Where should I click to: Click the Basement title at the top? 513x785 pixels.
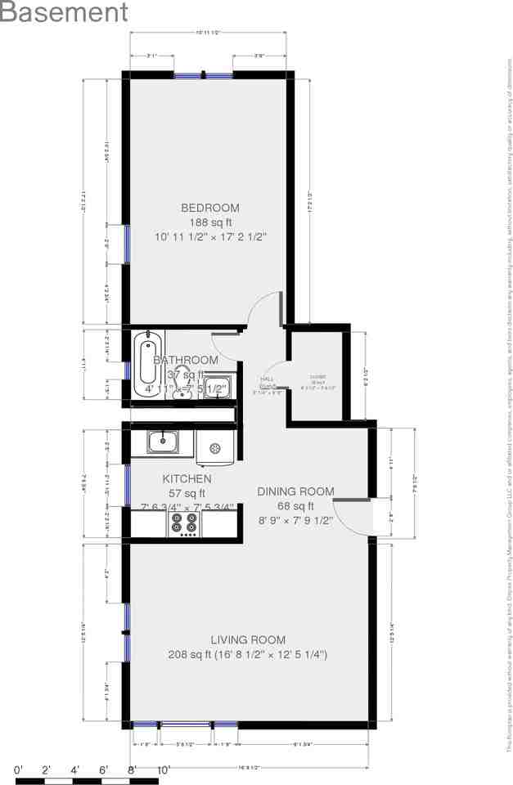[x=64, y=13]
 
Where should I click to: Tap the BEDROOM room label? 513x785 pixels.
[x=210, y=208]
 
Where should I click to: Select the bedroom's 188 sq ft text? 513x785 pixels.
[x=211, y=222]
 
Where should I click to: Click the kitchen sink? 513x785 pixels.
[x=164, y=442]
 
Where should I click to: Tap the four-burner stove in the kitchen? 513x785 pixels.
[x=186, y=523]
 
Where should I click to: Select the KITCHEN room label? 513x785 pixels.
[x=187, y=479]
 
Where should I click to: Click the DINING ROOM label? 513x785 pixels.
[x=295, y=491]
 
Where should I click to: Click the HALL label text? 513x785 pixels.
[x=267, y=379]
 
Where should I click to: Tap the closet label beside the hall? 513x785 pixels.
[x=318, y=379]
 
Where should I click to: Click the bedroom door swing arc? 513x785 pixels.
[x=263, y=307]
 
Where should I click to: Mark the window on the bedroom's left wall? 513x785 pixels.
[x=126, y=244]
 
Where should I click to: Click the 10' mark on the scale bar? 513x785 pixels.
[x=164, y=769]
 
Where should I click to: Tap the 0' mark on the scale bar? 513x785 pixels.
[x=18, y=769]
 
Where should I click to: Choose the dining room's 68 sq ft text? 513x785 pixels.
[x=295, y=505]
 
